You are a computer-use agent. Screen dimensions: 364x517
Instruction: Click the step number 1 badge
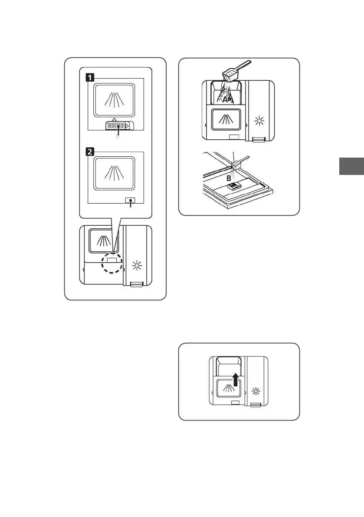click(x=89, y=78)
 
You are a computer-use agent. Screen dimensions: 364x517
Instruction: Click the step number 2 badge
click(x=89, y=152)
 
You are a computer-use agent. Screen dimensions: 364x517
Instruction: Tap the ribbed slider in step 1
click(x=118, y=125)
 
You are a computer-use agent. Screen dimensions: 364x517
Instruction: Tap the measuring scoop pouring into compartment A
click(x=235, y=72)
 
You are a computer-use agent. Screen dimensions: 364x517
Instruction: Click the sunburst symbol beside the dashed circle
click(x=138, y=266)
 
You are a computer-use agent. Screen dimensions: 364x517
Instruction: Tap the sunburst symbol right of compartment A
click(x=260, y=121)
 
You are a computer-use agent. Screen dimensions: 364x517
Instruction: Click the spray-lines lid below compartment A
click(x=226, y=119)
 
